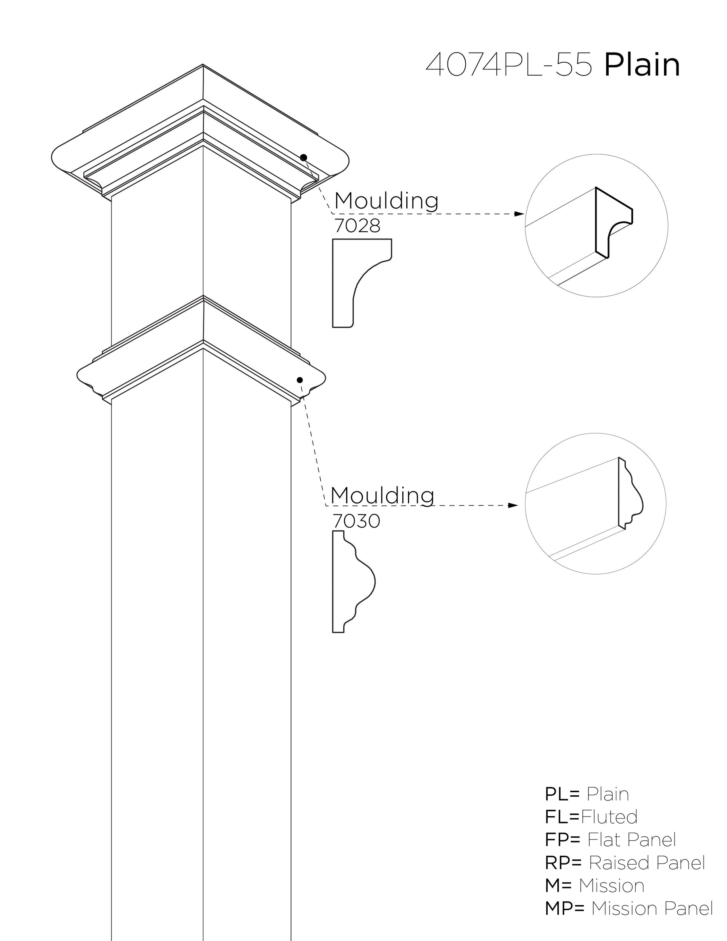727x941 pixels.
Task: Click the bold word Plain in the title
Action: [x=642, y=65]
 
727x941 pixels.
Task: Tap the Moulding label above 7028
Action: [x=387, y=200]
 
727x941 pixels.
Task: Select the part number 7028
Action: [x=357, y=226]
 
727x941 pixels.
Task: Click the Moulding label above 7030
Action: [x=382, y=495]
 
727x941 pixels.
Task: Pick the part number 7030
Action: [x=356, y=521]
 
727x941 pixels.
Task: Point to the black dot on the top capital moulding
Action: [x=304, y=157]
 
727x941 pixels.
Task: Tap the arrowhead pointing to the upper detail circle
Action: [x=520, y=214]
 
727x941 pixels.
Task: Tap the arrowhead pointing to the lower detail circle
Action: [x=513, y=505]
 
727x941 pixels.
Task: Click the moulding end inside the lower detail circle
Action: [x=629, y=494]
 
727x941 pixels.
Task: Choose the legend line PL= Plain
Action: [x=586, y=794]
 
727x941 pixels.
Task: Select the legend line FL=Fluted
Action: [x=591, y=817]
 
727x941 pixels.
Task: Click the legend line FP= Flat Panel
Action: [x=610, y=840]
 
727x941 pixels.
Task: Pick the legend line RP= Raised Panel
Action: [x=624, y=863]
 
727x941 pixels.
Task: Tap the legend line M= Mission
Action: [x=595, y=885]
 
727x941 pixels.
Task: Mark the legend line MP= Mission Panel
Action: [x=629, y=908]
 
